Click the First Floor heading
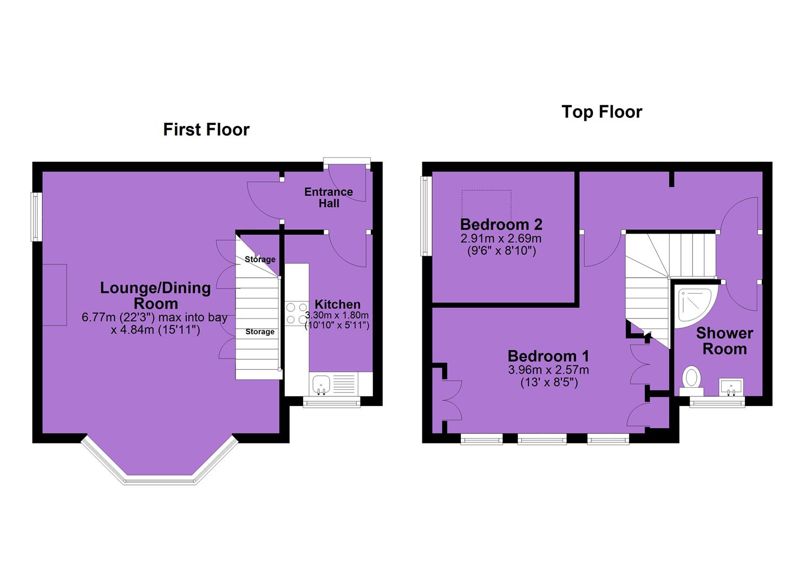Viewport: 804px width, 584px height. tap(206, 129)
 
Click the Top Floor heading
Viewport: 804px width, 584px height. tap(602, 112)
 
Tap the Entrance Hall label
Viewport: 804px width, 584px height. tap(329, 197)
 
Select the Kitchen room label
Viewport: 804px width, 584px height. tap(337, 304)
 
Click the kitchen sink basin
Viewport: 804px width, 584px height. tap(321, 383)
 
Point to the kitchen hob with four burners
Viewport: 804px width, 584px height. tap(297, 313)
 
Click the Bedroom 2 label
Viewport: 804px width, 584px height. tap(501, 224)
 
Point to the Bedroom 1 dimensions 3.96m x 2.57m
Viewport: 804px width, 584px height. tap(548, 370)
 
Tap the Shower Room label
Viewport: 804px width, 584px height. tap(724, 341)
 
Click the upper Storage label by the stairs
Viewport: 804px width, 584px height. tap(260, 259)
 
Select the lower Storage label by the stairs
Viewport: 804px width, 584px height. tap(260, 331)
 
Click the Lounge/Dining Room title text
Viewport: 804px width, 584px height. tap(155, 296)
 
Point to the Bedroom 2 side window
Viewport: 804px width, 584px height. tap(426, 216)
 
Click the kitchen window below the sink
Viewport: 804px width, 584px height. tap(332, 402)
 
